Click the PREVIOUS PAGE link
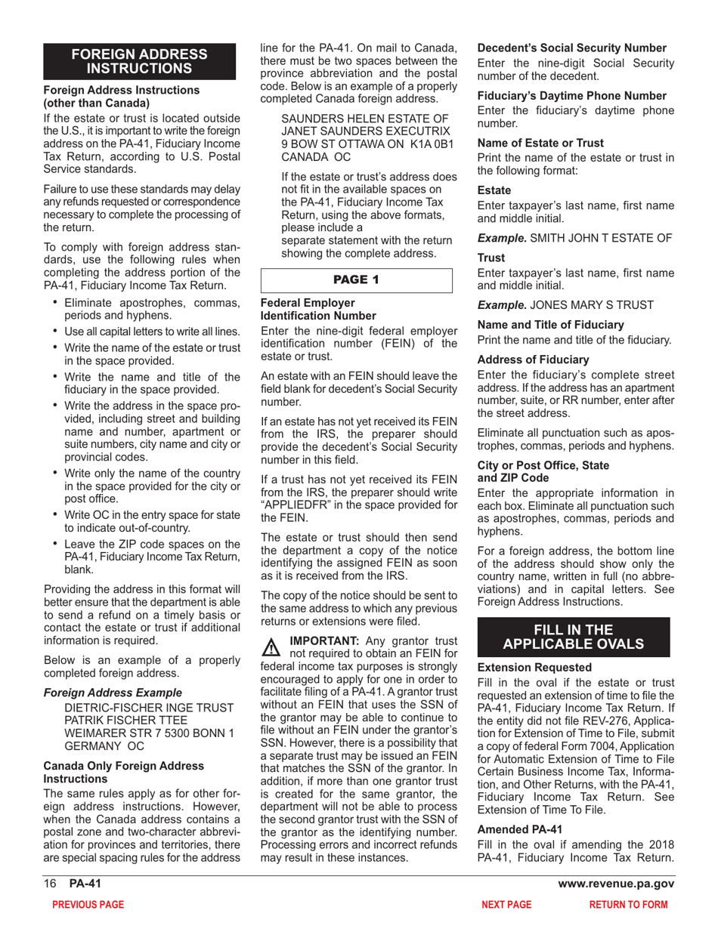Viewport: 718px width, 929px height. click(x=87, y=904)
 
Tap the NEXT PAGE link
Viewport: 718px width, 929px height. click(x=506, y=904)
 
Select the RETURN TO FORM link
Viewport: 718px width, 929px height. click(x=628, y=904)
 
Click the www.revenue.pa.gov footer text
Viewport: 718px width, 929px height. click(x=616, y=884)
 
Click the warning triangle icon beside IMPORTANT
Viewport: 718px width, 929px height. click(x=270, y=647)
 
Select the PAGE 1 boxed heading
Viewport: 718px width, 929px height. click(x=356, y=279)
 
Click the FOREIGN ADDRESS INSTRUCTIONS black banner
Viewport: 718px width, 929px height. click(x=139, y=61)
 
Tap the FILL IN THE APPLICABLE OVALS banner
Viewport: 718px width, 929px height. click(x=574, y=637)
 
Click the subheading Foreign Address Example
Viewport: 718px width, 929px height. click(x=113, y=693)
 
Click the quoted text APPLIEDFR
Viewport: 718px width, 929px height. click(x=293, y=505)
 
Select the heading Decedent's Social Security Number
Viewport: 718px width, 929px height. click(x=572, y=48)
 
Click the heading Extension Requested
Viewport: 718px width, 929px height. click(x=534, y=668)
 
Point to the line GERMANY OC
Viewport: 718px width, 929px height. click(x=105, y=745)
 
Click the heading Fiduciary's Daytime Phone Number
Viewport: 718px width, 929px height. click(x=572, y=95)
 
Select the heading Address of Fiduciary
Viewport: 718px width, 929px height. click(x=533, y=360)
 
